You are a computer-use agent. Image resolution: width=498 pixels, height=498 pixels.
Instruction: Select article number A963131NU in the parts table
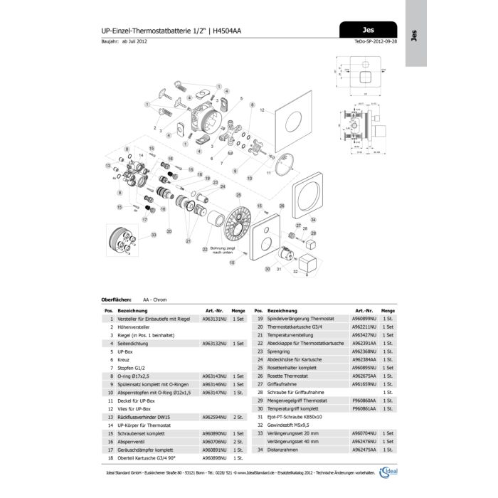tap(216, 319)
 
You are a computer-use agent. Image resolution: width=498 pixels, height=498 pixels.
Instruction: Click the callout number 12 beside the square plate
tap(262, 111)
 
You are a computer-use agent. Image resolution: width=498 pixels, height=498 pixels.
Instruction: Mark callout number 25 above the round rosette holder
tap(238, 194)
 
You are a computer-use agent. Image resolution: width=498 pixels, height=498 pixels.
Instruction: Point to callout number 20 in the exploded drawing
tap(169, 231)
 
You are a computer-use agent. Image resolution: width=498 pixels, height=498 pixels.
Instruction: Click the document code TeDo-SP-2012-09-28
tap(377, 41)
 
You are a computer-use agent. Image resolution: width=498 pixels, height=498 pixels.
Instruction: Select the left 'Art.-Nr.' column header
tap(215, 311)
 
